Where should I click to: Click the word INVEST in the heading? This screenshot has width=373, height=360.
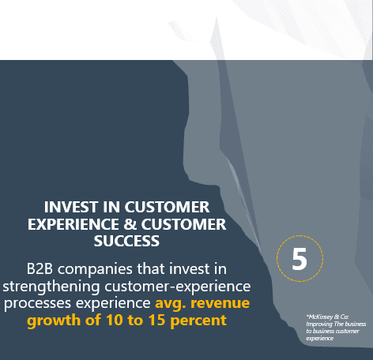(x=71, y=207)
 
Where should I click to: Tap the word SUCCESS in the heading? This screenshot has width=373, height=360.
(x=126, y=241)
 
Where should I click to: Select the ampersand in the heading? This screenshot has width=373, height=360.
(x=130, y=224)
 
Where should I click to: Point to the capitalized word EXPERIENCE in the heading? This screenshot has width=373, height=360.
(x=73, y=224)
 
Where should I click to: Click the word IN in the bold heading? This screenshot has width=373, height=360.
(x=111, y=207)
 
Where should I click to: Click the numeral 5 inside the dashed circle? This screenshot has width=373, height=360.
(x=300, y=259)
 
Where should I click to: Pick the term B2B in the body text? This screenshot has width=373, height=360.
(x=40, y=269)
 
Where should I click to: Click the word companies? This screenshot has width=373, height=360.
(x=95, y=270)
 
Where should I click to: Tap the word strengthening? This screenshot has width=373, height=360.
(x=51, y=287)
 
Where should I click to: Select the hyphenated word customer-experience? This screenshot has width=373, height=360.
(x=178, y=287)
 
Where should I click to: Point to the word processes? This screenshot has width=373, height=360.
(x=37, y=304)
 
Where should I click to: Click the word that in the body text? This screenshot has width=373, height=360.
(x=151, y=269)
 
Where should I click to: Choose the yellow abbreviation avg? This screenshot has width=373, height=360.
(x=171, y=304)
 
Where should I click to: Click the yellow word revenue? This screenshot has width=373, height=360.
(x=220, y=303)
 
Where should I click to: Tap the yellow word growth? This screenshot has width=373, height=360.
(x=54, y=321)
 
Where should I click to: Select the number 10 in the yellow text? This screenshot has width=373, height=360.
(x=115, y=321)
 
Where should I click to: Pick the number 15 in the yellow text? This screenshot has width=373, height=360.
(x=157, y=321)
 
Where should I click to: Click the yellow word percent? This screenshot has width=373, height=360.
(x=198, y=321)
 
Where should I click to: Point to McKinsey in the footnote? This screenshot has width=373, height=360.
(x=320, y=317)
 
